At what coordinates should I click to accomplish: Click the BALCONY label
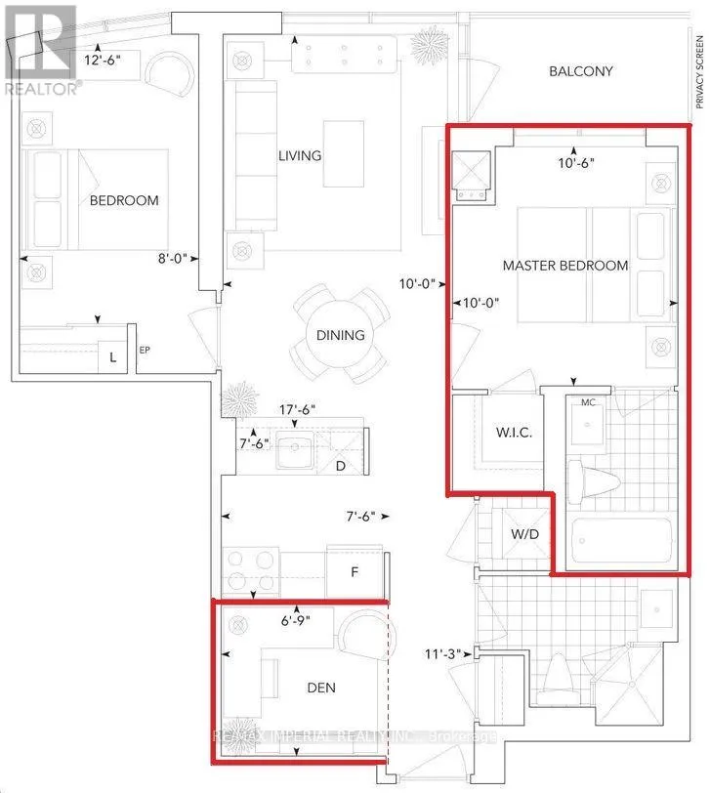coord(580,71)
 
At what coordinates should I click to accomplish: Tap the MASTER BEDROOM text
coord(565,266)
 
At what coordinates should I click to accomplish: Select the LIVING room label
coord(299,156)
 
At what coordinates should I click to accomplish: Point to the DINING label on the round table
coord(340,335)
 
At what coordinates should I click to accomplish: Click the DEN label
coord(320,688)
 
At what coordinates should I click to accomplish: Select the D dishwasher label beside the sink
coord(340,466)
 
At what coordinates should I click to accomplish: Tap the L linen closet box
coord(113,358)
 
